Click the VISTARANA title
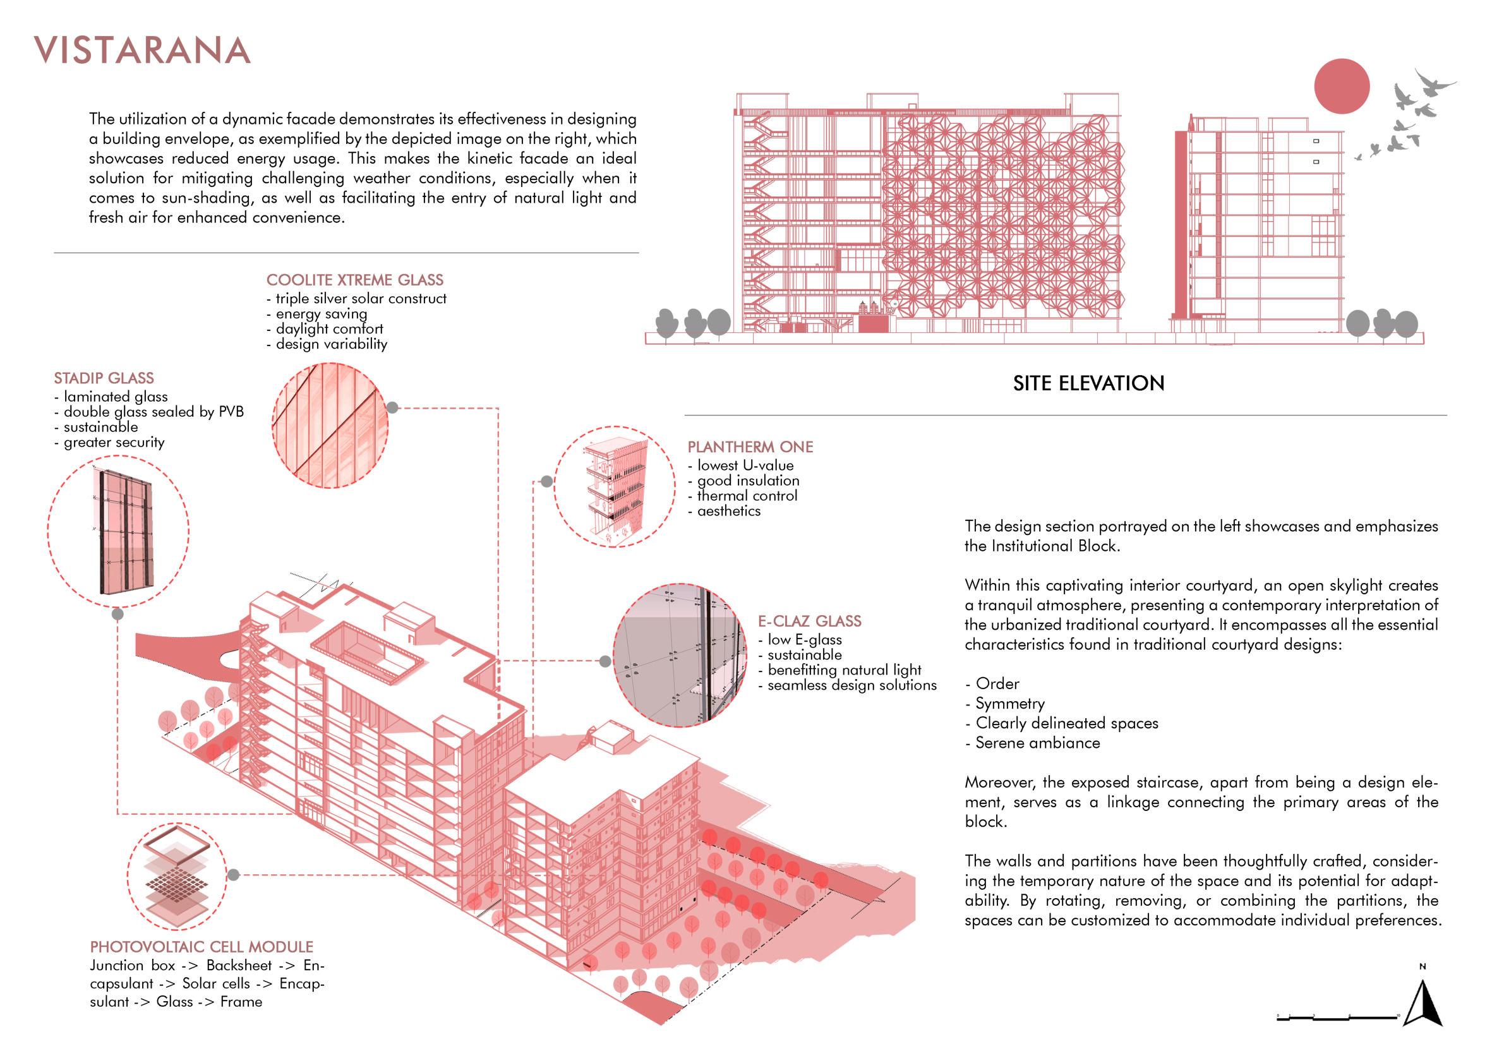click(x=142, y=51)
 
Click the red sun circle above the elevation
click(x=1342, y=87)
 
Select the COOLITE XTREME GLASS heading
click(x=354, y=280)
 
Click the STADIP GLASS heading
click(x=104, y=378)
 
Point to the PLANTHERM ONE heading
click(x=750, y=447)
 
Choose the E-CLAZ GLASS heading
click(x=810, y=621)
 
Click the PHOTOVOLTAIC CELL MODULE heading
click(x=201, y=946)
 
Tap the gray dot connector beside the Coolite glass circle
click(x=392, y=407)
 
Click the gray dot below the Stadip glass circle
click(x=118, y=614)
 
